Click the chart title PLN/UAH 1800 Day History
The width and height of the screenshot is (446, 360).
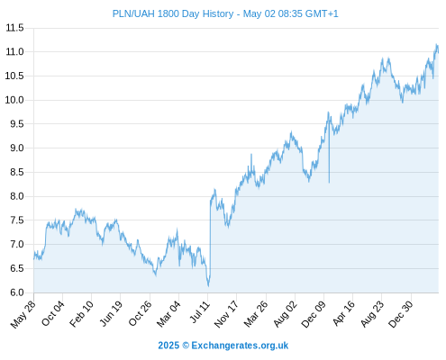(173, 13)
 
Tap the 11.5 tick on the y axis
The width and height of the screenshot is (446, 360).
(14, 28)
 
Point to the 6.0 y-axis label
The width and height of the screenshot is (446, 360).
(17, 292)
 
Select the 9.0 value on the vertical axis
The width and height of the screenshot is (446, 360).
(17, 148)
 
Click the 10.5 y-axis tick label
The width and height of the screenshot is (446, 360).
(14, 76)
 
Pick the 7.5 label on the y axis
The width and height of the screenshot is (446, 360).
(17, 220)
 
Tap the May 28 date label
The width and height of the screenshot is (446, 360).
(23, 314)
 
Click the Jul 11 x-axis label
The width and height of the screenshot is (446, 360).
(199, 312)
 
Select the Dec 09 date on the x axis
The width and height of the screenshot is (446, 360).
(314, 314)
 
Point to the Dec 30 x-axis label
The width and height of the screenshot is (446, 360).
(400, 314)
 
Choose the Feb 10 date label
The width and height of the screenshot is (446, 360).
(81, 314)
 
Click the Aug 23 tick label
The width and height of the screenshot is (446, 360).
(372, 314)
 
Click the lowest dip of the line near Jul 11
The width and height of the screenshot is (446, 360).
(208, 286)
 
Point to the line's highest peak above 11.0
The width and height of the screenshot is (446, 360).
(437, 44)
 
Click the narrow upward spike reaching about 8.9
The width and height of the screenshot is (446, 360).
(251, 155)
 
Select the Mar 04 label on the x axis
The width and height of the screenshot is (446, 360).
(168, 314)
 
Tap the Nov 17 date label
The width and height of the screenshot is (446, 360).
(226, 314)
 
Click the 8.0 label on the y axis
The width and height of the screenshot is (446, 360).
(17, 196)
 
